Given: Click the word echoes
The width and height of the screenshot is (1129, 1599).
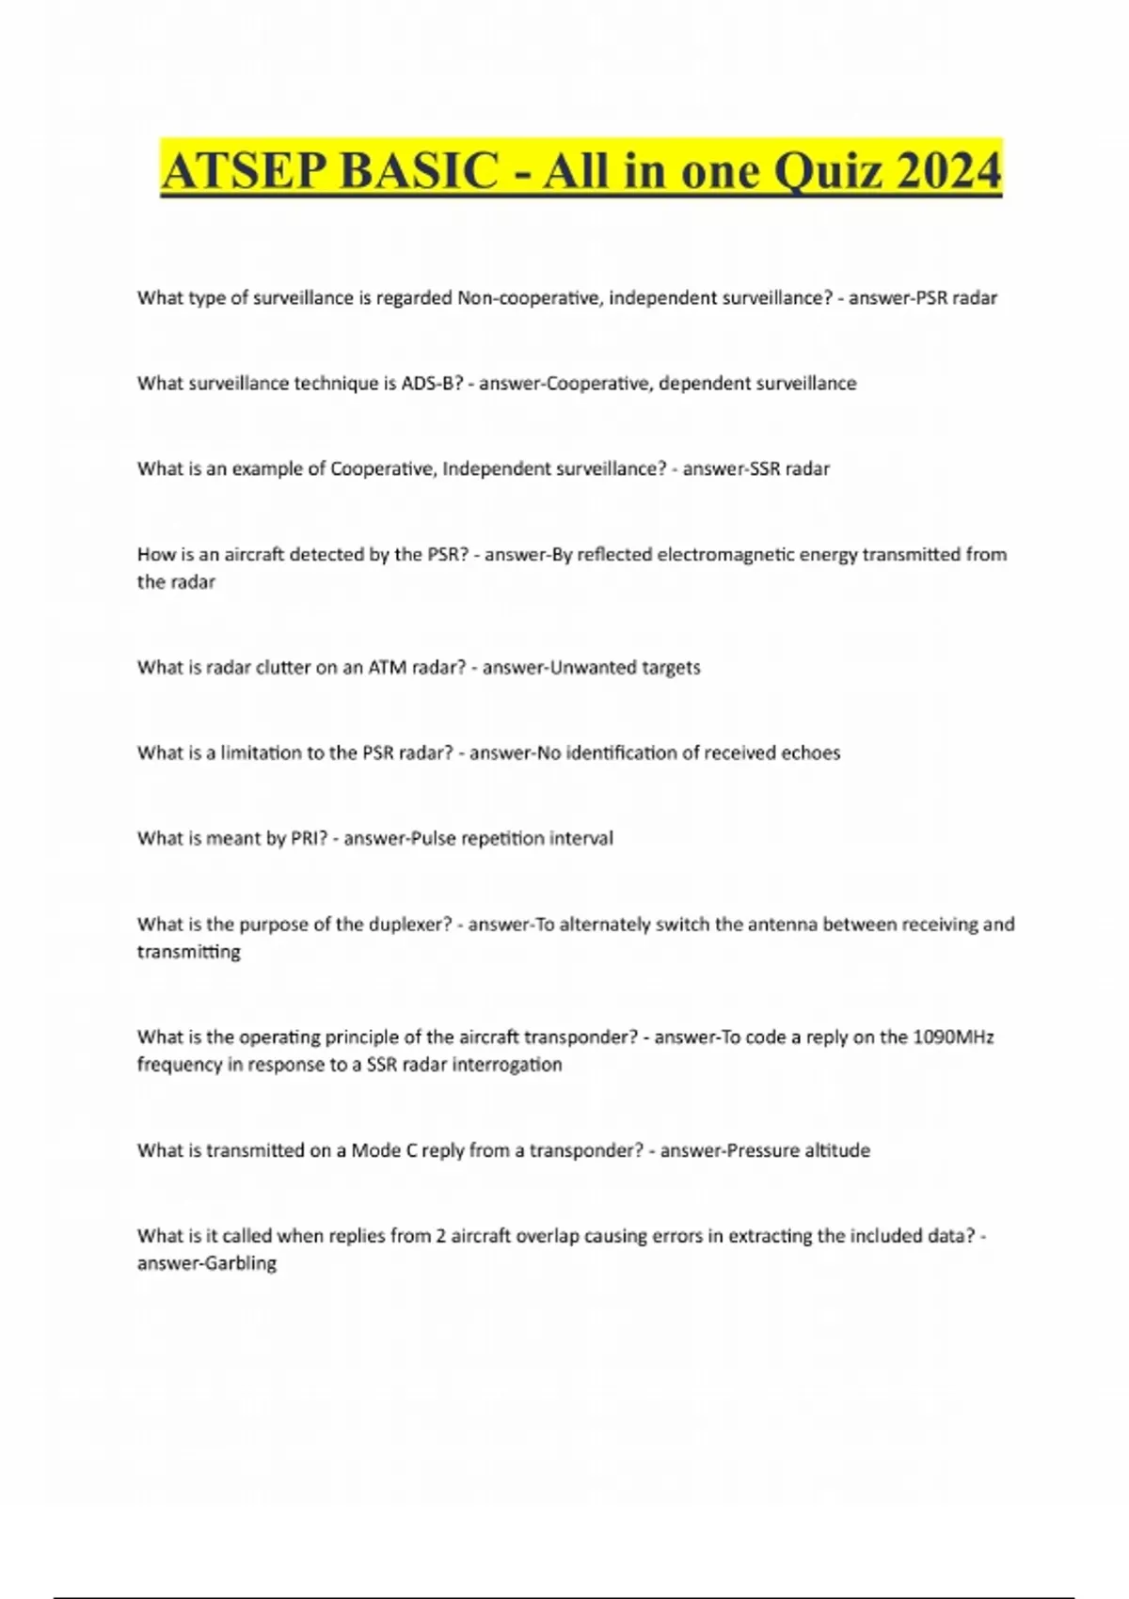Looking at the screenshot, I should (x=810, y=752).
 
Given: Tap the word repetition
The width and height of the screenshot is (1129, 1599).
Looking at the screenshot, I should (x=501, y=838).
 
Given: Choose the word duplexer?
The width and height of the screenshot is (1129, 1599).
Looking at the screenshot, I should (x=410, y=925).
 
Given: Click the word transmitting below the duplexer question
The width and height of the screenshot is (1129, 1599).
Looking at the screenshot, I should (x=188, y=952).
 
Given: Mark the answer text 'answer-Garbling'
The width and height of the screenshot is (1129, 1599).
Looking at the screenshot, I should (x=207, y=1263).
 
